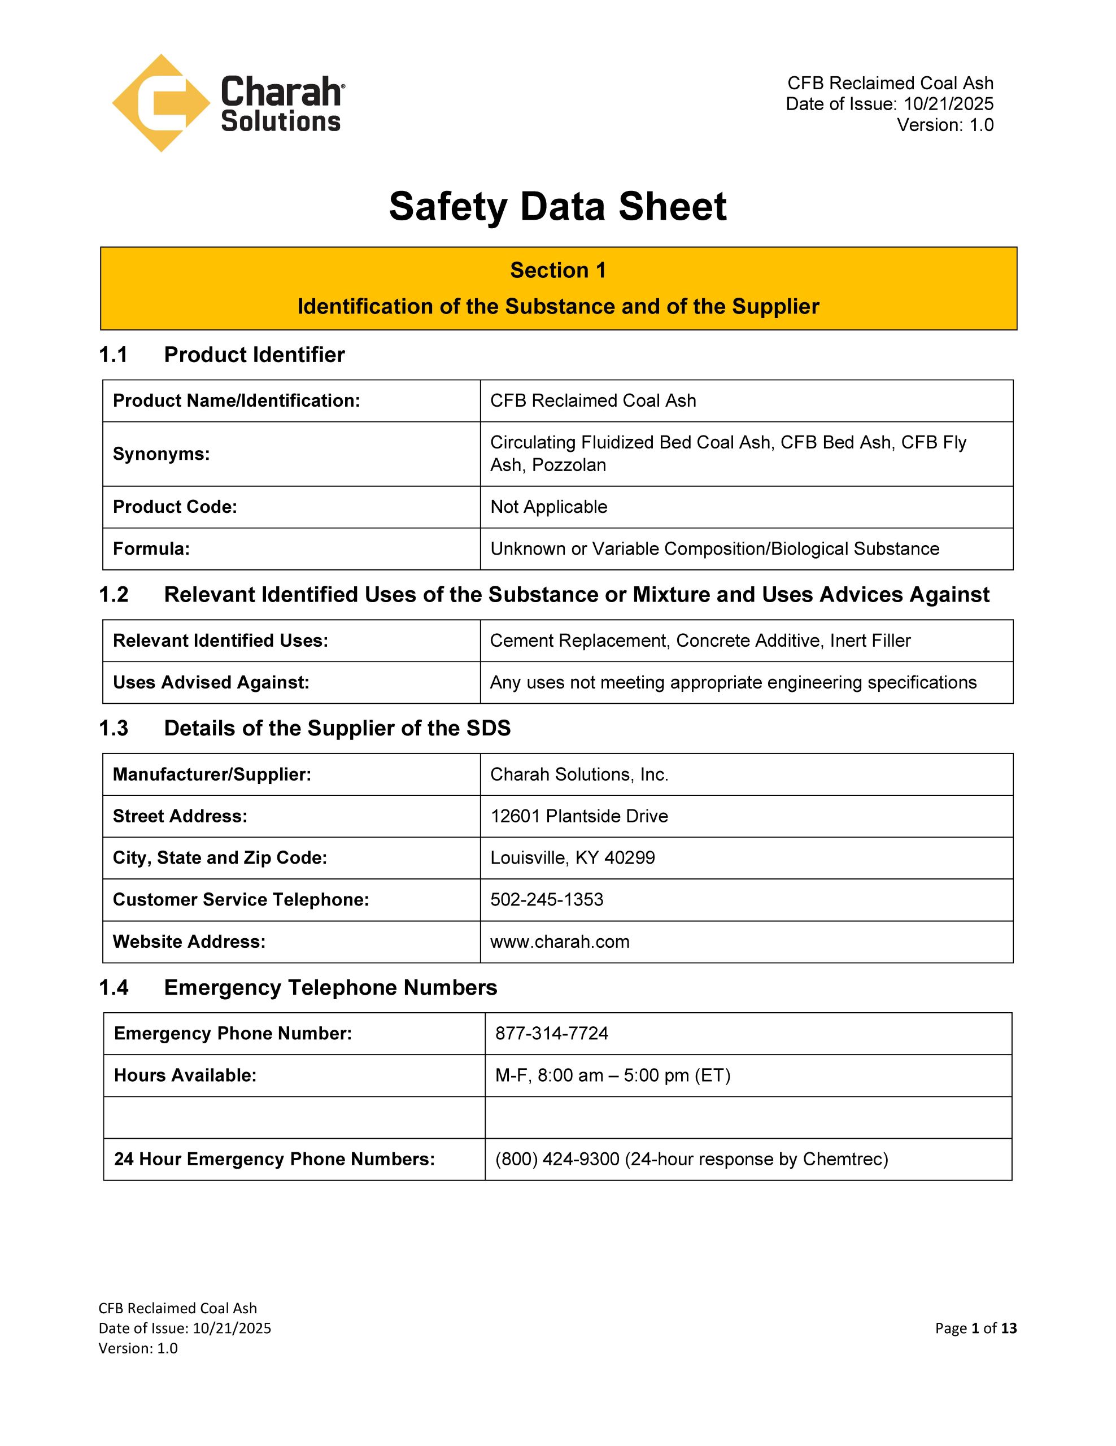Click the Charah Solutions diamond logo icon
(161, 103)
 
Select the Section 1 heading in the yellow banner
(558, 270)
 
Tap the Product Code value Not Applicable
(549, 507)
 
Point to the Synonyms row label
(161, 454)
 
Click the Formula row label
(151, 548)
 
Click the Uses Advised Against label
(211, 682)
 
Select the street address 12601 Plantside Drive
(579, 816)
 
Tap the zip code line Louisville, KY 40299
(573, 857)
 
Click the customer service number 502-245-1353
(547, 899)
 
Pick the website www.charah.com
(560, 942)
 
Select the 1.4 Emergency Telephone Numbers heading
(298, 987)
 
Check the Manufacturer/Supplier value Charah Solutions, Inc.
(579, 774)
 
